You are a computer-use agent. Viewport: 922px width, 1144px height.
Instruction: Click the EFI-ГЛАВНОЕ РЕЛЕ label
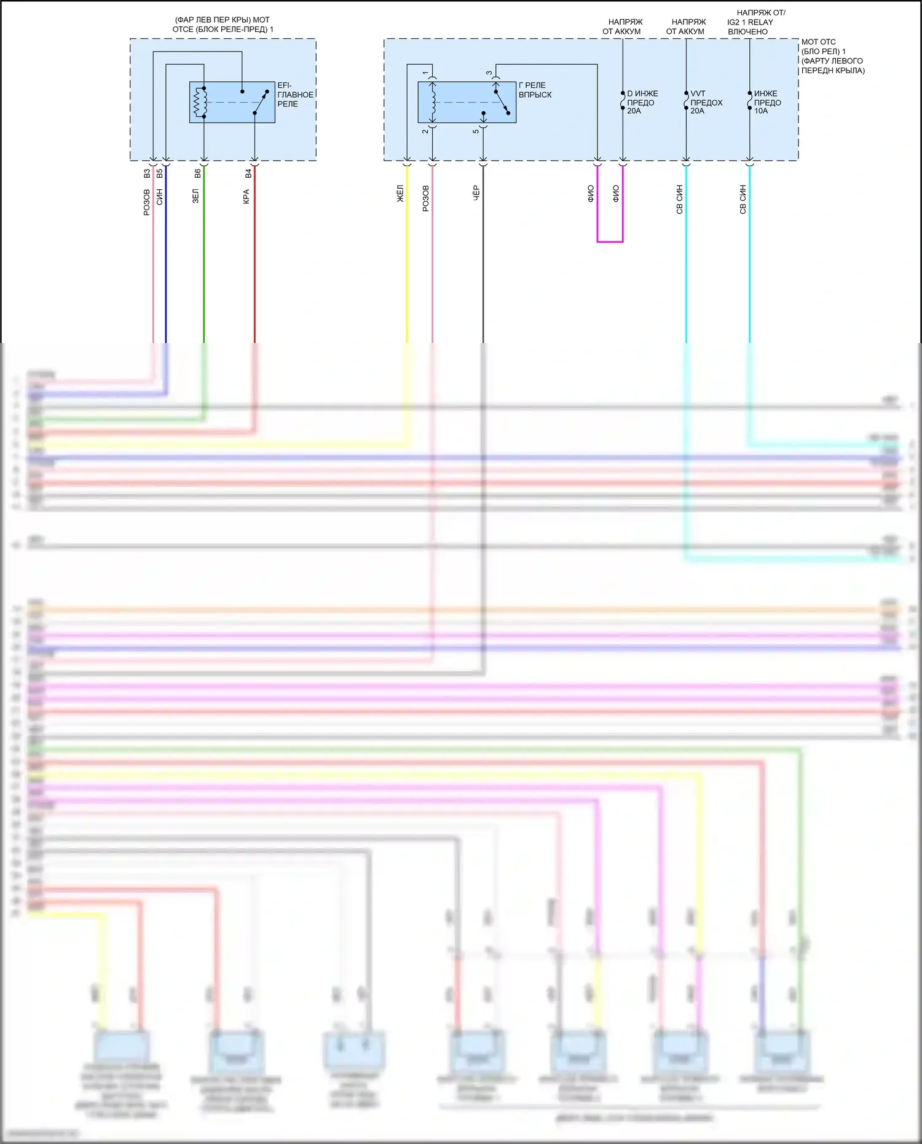tap(295, 95)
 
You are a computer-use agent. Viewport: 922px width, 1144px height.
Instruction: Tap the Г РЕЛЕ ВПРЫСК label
tap(535, 90)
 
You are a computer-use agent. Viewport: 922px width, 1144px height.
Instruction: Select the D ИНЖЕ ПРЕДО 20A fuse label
tap(642, 102)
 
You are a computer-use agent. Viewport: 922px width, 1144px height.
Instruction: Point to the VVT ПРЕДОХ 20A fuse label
tap(706, 102)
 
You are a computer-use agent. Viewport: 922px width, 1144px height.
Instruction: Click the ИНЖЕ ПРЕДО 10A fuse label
tap(767, 102)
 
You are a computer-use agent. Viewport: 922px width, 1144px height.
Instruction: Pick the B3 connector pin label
tap(147, 174)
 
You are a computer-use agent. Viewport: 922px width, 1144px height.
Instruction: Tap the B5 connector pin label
tap(160, 174)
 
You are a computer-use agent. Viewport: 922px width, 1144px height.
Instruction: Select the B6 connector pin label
tap(198, 174)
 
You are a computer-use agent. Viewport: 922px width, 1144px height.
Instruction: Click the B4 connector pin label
tap(248, 174)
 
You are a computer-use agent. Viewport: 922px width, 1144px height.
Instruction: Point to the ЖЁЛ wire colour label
tap(400, 194)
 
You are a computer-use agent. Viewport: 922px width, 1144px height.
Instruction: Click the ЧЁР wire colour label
tap(476, 193)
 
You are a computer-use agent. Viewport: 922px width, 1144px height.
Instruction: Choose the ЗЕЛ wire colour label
tap(196, 196)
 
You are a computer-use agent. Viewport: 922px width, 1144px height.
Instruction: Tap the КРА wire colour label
tap(246, 196)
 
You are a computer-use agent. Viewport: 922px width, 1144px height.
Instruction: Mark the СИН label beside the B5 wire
tap(160, 197)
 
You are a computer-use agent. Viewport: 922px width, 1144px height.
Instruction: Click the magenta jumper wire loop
tap(610, 241)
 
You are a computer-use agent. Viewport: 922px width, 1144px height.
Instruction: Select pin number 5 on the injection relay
tap(476, 131)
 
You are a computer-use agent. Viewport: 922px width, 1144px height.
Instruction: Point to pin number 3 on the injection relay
tap(489, 73)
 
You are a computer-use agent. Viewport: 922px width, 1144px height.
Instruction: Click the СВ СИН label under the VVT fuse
tap(680, 199)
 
